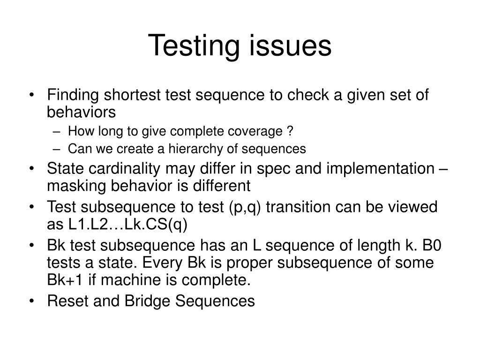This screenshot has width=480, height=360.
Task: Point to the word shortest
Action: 131,96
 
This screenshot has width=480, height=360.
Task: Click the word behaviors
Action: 81,112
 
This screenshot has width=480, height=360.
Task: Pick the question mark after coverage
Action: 290,132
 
